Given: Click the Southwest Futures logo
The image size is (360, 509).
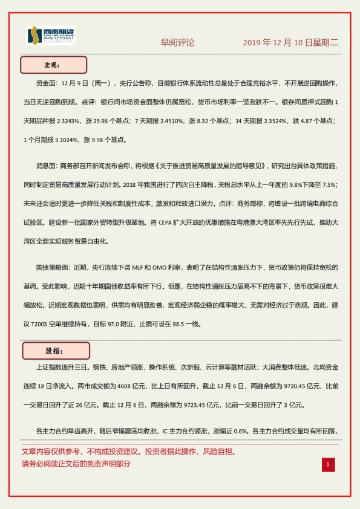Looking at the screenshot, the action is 51,36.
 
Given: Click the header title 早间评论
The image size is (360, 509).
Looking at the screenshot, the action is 177,43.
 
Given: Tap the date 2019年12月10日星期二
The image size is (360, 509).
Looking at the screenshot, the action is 290,43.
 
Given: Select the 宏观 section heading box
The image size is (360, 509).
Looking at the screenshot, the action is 54,65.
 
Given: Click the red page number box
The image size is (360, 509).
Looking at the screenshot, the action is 327,464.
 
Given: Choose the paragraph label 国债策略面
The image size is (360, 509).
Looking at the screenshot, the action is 53,267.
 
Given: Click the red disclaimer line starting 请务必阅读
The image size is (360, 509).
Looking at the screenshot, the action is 76,464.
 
